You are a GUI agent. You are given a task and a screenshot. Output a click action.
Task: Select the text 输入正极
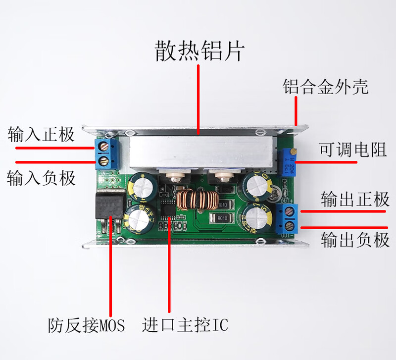[41, 134]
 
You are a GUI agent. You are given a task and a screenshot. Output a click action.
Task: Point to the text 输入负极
[41, 177]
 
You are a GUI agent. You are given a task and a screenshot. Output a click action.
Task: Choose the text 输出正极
[355, 200]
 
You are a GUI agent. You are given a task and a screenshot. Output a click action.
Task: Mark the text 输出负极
[355, 240]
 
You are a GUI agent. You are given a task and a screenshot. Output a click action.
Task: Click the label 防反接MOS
[87, 325]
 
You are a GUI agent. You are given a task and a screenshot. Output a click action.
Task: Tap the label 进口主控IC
[185, 325]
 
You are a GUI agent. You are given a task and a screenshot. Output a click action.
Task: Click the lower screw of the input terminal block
[104, 161]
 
